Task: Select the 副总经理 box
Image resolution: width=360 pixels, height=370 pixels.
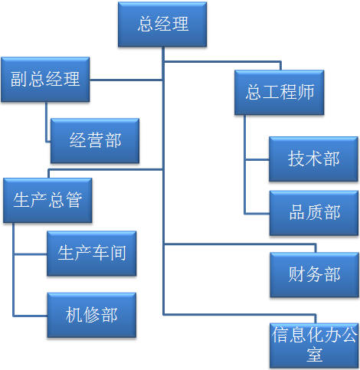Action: point(45,79)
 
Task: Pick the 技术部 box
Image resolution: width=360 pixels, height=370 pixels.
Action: point(313,159)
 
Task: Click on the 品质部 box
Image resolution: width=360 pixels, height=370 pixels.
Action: point(313,212)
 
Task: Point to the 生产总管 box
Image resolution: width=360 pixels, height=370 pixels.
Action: point(47,200)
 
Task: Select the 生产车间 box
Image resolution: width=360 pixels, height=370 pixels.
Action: point(91,253)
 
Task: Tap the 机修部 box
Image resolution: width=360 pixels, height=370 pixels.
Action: point(91,315)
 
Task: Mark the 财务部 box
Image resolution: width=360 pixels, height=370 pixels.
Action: point(313,274)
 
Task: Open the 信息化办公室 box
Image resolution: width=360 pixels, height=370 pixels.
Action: point(313,344)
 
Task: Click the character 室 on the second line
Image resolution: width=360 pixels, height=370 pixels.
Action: point(313,354)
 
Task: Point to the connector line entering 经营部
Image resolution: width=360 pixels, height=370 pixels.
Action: point(47,142)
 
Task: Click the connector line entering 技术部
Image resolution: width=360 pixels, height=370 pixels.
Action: point(257,159)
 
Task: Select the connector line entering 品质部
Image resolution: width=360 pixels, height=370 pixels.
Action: point(257,213)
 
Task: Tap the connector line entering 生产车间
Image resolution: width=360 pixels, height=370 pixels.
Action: point(31,254)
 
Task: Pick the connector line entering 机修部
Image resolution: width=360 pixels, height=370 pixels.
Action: point(31,315)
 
